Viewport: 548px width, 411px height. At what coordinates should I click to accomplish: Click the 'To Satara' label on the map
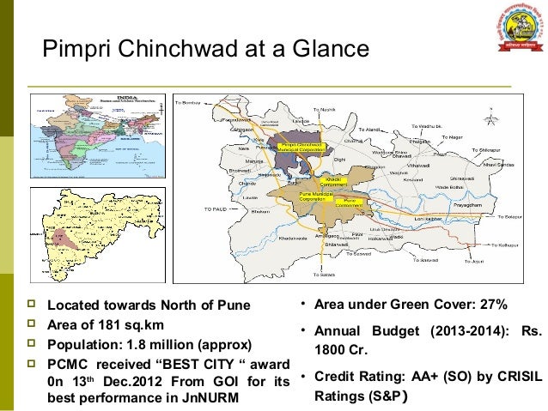325,275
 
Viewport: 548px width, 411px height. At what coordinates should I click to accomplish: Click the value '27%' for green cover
493,305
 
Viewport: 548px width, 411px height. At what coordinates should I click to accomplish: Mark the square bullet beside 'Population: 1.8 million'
33,345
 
